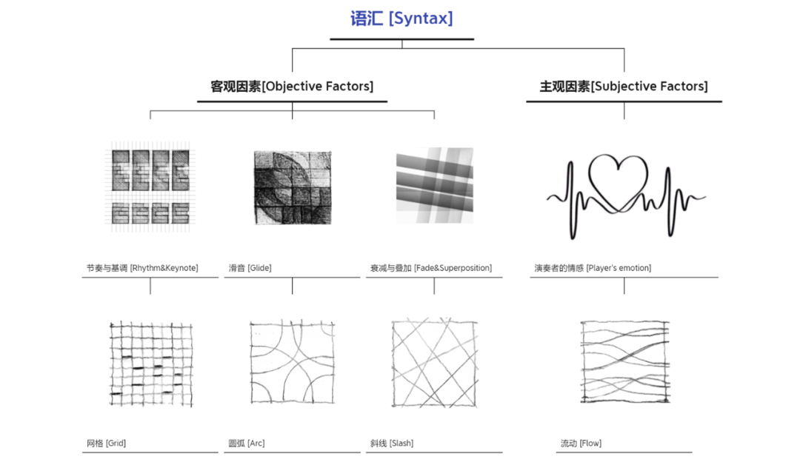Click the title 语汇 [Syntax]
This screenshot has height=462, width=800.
point(401,18)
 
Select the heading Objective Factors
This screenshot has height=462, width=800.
point(292,87)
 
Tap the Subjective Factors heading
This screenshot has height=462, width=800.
point(624,87)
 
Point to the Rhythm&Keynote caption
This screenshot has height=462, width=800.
point(142,268)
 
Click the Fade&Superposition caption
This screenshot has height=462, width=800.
point(430,268)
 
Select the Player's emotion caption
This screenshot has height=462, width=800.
point(593,268)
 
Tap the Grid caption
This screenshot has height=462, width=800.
point(106,443)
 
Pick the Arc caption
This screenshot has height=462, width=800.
point(246,443)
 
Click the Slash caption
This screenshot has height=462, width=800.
point(392,443)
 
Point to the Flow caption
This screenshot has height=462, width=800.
point(581,443)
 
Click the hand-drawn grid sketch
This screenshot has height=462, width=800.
point(150,363)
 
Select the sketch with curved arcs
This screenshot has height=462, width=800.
point(292,361)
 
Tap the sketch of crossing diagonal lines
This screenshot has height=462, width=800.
point(434,361)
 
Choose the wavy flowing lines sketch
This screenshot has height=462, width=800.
point(624,361)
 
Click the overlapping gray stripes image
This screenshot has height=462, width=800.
point(434,185)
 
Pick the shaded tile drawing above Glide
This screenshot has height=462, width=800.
point(292,185)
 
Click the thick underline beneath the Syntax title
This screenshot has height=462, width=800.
point(401,38)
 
